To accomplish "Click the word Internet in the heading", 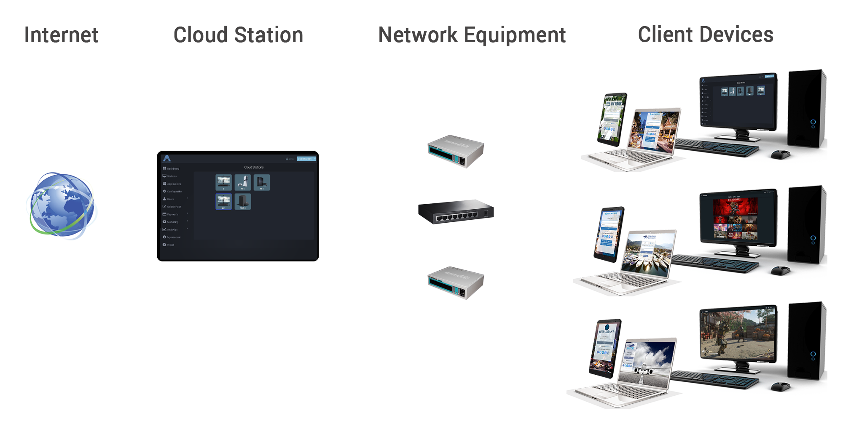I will [x=61, y=35].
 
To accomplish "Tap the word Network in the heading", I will [x=418, y=35].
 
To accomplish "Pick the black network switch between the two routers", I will [x=456, y=212].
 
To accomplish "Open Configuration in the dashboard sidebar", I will [x=174, y=192].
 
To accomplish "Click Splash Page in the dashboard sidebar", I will [x=174, y=207].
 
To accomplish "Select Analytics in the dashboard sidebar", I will [x=172, y=229].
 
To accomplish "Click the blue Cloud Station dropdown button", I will [x=306, y=159].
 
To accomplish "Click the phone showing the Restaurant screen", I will [x=604, y=347].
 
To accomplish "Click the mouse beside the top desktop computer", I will [x=780, y=155].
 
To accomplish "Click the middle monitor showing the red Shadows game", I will [x=736, y=219].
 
